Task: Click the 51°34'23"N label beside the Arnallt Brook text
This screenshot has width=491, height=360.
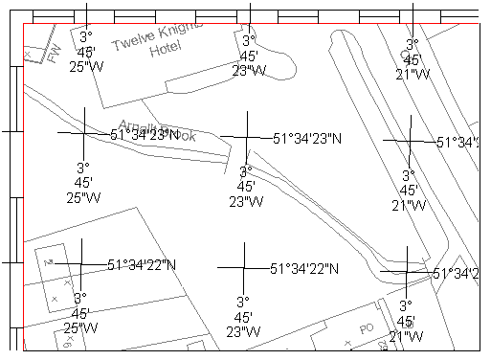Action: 145,135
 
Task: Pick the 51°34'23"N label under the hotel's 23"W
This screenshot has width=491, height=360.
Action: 306,139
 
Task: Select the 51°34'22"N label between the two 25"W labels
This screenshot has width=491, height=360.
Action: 142,264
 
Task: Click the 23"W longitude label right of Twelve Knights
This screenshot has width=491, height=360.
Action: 248,56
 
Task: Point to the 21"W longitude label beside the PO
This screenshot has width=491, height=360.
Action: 406,321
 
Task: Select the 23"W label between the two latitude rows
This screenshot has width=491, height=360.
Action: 245,187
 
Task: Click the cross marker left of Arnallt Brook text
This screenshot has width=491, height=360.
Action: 84,133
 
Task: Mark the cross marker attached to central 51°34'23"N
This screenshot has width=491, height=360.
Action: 247,137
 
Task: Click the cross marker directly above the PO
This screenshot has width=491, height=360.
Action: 407,272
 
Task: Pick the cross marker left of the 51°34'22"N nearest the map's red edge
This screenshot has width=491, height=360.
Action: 81,261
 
